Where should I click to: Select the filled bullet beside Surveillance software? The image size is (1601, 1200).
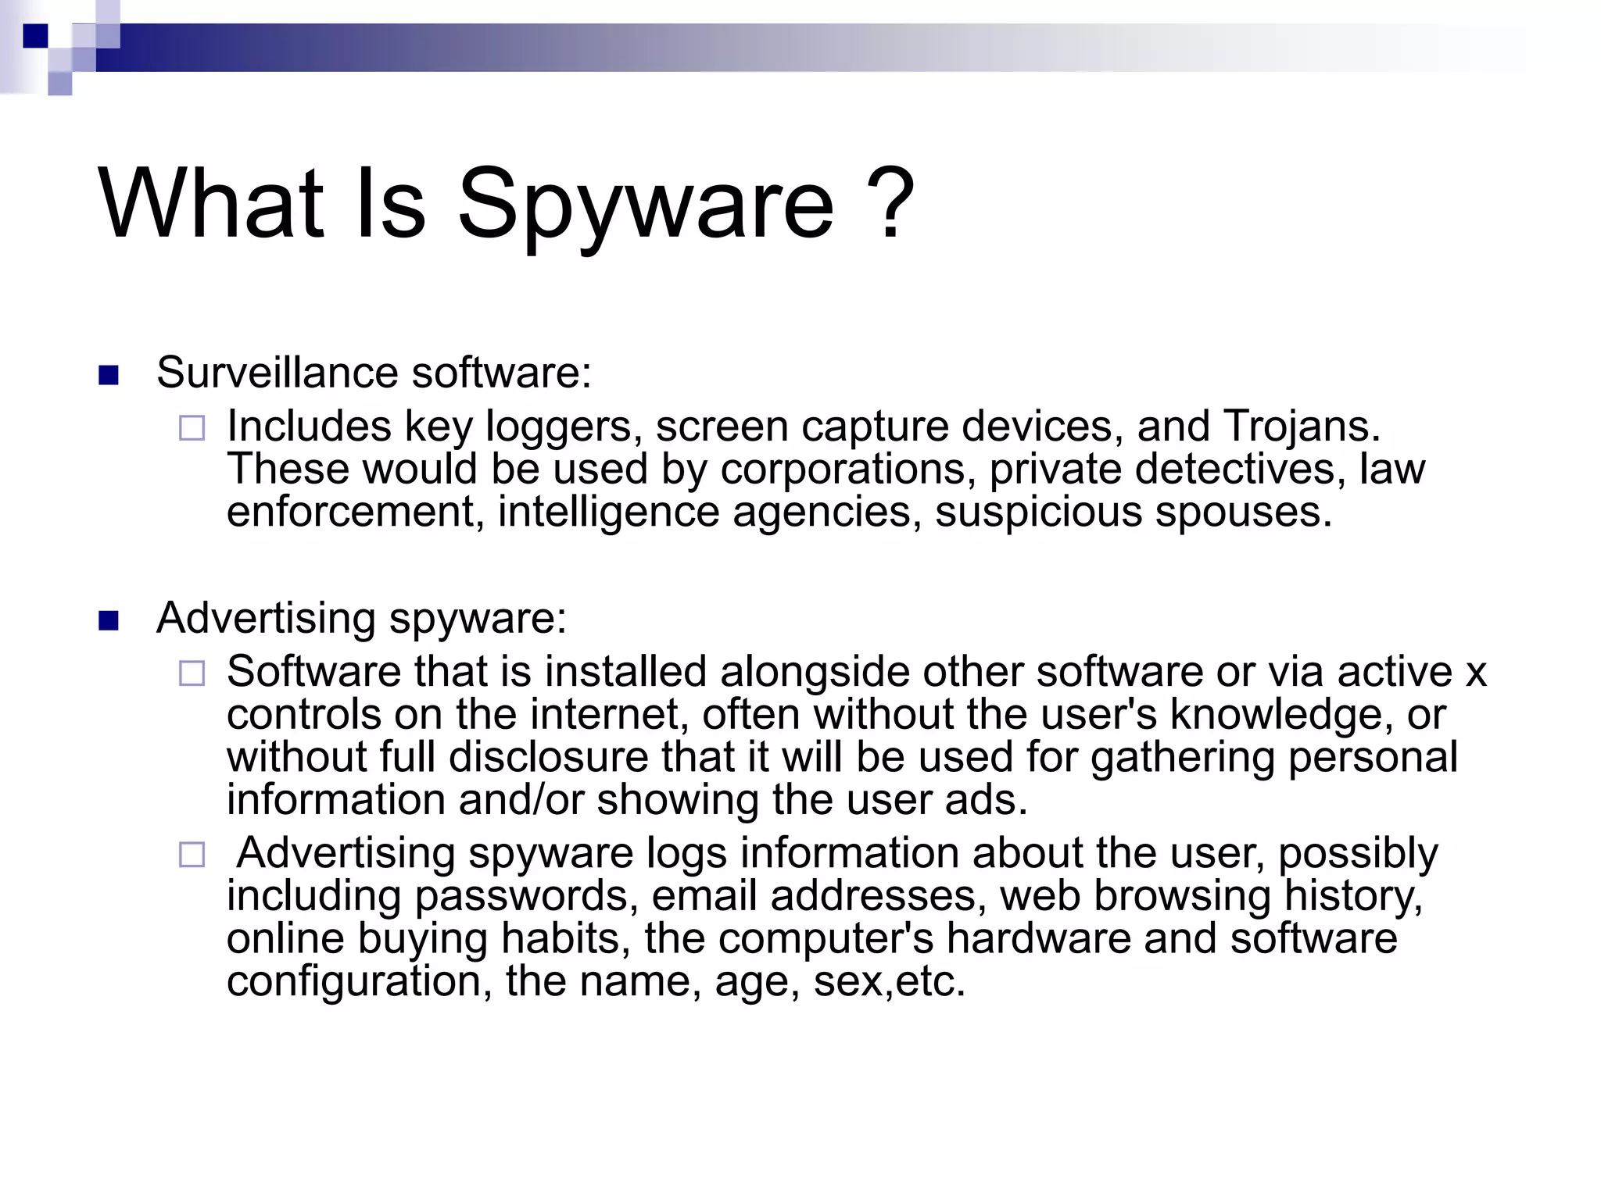109,376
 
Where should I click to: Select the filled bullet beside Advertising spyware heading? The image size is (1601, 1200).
109,621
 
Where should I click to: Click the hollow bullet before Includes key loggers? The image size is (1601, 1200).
192,428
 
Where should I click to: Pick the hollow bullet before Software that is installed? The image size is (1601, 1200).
192,673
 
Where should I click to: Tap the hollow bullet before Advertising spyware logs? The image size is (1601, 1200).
192,855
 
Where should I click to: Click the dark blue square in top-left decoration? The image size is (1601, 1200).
35,36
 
